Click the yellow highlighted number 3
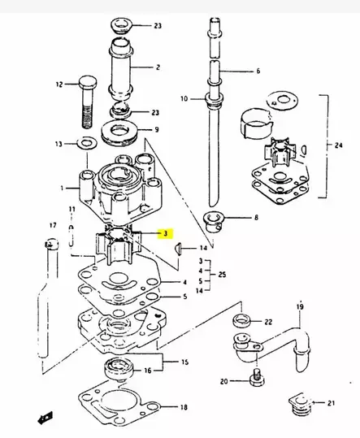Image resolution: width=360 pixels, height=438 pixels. click(166, 233)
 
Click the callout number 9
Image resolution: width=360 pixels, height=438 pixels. click(156, 129)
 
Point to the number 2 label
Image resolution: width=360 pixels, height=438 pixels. click(158, 67)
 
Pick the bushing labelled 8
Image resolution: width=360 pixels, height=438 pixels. click(213, 220)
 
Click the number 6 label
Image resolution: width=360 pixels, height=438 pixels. click(258, 71)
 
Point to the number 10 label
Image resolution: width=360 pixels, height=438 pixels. click(184, 99)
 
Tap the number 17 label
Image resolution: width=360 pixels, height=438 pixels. click(53, 224)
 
